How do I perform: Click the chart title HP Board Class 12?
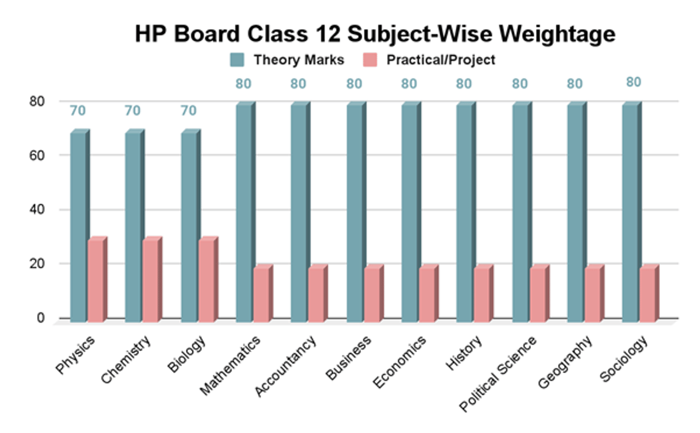pos(374,34)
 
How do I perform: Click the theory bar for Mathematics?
pos(244,212)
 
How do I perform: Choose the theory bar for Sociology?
pos(630,212)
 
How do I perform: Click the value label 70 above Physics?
pos(78,111)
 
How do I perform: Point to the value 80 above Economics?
pos(409,83)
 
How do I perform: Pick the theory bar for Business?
pos(354,212)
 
